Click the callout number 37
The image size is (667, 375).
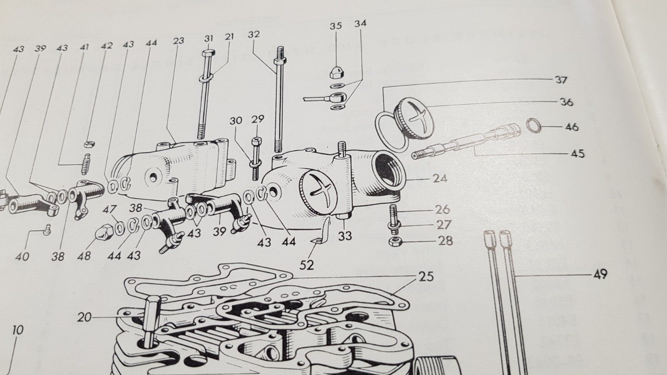561,79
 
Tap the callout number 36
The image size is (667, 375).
566,102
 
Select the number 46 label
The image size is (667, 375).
572,126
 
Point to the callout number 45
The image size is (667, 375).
577,153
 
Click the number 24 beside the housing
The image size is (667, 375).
440,178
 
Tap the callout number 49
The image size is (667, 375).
599,274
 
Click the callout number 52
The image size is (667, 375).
307,265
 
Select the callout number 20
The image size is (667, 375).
84,317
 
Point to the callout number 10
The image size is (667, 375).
17,331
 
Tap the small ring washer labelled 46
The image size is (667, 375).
533,125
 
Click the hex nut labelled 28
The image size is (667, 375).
394,241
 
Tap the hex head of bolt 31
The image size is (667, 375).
208,53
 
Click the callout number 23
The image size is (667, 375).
178,41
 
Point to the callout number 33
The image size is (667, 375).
345,236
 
